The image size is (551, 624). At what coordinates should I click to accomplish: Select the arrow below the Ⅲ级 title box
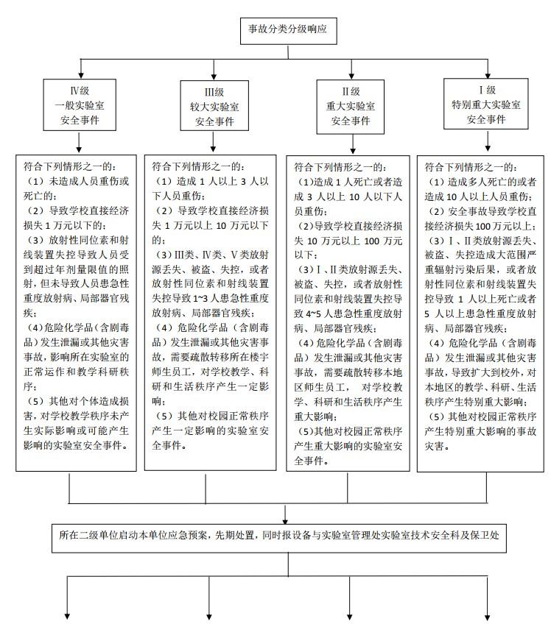coord(214,143)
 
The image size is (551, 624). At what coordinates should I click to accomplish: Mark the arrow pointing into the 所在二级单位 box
coord(286,513)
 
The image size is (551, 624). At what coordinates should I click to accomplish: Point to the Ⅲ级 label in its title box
coord(214,91)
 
